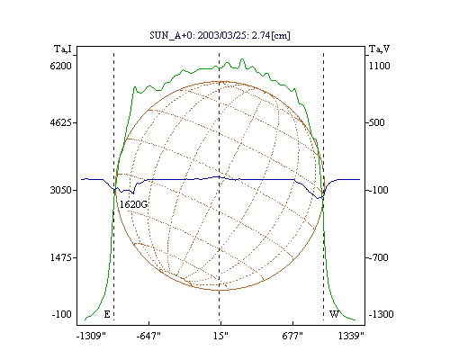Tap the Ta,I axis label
[x=63, y=49]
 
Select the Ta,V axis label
[x=379, y=49]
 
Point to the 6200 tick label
[x=60, y=66]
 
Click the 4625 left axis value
[x=60, y=122]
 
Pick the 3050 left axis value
[x=60, y=190]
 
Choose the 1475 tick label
[x=60, y=257]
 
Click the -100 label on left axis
[x=61, y=314]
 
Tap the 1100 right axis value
[x=379, y=66]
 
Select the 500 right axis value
[x=376, y=122]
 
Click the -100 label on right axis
[x=378, y=190]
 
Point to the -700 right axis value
[x=378, y=257]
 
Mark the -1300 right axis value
[x=381, y=314]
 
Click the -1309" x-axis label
[x=91, y=336]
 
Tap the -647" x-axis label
[x=148, y=336]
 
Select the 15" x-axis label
[x=220, y=336]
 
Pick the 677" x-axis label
[x=292, y=336]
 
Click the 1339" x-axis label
[x=351, y=336]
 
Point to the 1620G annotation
[x=133, y=204]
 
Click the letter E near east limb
[x=107, y=314]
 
